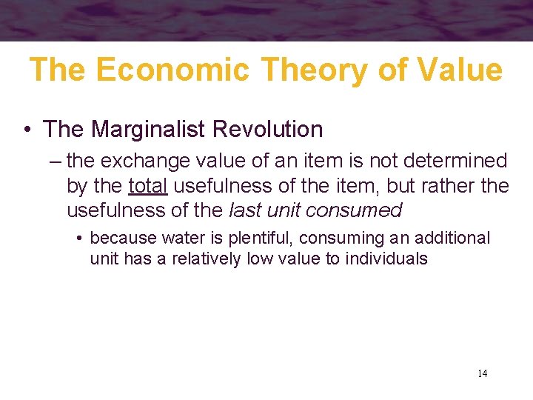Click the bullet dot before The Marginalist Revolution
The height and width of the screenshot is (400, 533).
pos(27,130)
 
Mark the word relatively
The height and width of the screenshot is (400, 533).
pos(204,259)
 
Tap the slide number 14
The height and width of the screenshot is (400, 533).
pos(482,373)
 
